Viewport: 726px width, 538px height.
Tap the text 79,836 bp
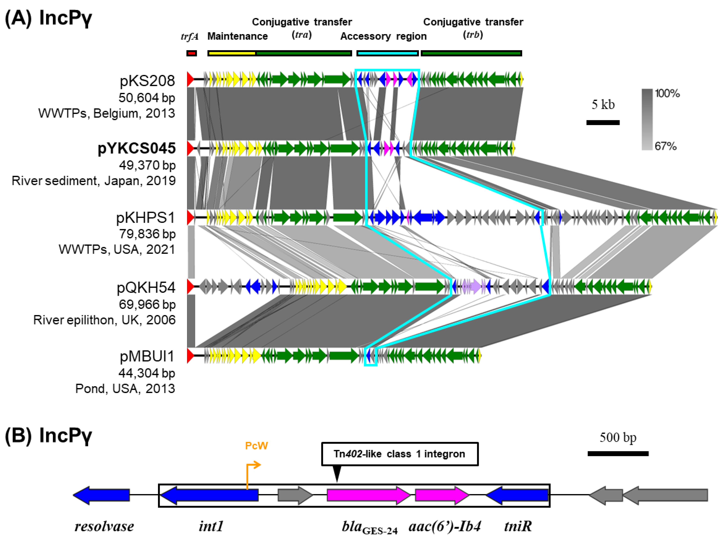coord(147,234)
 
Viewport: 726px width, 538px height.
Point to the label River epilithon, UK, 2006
coord(104,320)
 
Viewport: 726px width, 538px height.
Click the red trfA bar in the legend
coord(192,53)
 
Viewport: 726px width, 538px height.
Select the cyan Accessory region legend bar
coord(387,53)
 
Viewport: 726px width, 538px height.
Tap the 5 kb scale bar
coord(603,122)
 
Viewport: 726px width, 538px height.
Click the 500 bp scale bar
coord(618,453)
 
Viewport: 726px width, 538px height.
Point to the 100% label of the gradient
coord(667,94)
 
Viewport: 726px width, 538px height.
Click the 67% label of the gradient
coord(665,146)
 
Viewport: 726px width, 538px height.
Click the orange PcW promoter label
coord(256,445)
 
